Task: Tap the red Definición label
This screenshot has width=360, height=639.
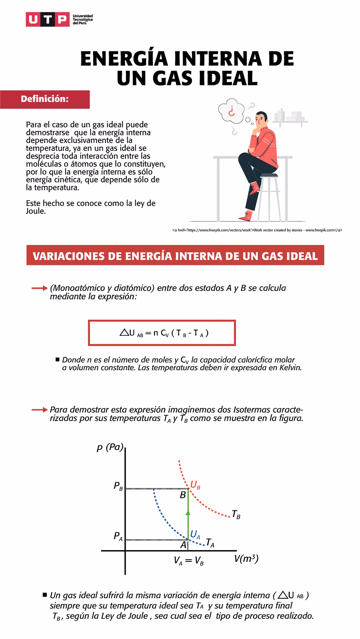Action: point(45,99)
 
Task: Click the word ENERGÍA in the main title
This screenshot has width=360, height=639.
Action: point(124,59)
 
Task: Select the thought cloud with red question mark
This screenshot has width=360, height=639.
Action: point(231,110)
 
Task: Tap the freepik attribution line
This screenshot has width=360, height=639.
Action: point(257,230)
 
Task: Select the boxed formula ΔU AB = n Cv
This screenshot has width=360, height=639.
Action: point(162,333)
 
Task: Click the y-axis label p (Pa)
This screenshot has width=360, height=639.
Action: point(110,447)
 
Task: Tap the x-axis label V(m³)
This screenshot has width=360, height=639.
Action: point(246,559)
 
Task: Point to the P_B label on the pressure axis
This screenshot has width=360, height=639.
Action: point(118,486)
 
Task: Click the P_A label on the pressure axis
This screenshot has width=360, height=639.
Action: point(118,536)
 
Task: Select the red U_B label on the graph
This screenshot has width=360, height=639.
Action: point(195,485)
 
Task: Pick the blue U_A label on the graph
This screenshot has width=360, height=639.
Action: point(195,534)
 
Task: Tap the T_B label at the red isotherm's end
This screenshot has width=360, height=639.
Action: point(236,515)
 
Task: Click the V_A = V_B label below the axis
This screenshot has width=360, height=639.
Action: point(188,561)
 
